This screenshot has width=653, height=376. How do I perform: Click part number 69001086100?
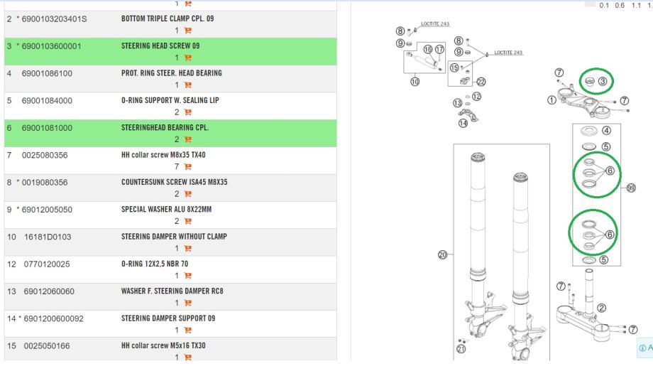coord(48,73)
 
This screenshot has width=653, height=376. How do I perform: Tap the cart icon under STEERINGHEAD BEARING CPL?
coord(188,139)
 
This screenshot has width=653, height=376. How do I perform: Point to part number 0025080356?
coord(48,155)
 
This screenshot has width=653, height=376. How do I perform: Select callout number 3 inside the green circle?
coord(602,82)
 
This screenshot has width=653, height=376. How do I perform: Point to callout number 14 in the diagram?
coord(463,123)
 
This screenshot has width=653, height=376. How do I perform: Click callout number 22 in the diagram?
coord(481,82)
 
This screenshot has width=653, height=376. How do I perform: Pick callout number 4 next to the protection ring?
coord(606,130)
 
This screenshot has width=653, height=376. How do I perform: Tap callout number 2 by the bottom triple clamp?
coord(602,308)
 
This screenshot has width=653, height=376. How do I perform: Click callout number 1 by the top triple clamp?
coord(552,100)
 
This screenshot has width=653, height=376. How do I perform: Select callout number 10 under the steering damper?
coord(415,82)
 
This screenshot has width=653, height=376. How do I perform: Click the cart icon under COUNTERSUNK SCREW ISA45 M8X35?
coord(188,194)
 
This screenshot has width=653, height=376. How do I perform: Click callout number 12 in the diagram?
coord(476,96)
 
